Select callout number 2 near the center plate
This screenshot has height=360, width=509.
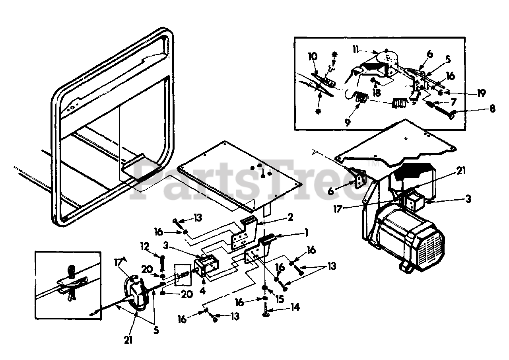point(291,217)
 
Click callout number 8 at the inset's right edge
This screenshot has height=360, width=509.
point(493,108)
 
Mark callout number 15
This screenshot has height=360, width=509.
point(280,300)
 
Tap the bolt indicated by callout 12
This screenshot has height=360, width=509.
point(163,263)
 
